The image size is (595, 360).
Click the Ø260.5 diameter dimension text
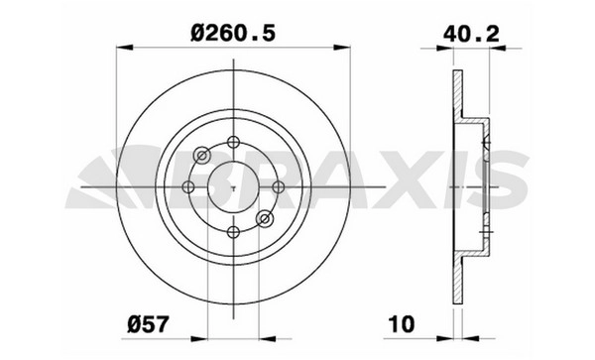click(x=233, y=34)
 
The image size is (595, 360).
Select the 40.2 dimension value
click(x=471, y=34)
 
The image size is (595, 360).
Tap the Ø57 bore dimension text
click(x=148, y=324)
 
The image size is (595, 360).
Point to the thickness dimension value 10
click(x=402, y=324)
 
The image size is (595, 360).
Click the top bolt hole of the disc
click(x=233, y=142)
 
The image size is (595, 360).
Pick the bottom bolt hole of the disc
click(x=233, y=232)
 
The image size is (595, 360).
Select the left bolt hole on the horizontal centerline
click(x=188, y=187)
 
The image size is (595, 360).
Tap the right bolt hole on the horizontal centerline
click(x=278, y=187)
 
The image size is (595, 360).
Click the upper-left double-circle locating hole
click(x=202, y=155)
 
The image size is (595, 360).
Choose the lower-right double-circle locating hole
click(x=265, y=219)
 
